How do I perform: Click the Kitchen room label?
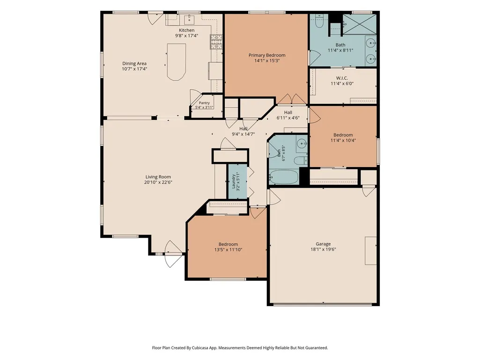coord(186,30)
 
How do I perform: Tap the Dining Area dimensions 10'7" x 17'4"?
coord(134,69)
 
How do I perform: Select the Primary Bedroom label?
coord(267,55)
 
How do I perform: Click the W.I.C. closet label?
coord(342,78)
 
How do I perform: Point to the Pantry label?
coord(204,103)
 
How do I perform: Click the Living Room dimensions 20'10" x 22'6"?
coord(158,182)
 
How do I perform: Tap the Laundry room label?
coord(233,181)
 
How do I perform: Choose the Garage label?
coord(323,244)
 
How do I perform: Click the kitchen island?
coord(177,62)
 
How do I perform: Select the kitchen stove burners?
coord(216,42)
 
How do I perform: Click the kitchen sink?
coord(189,19)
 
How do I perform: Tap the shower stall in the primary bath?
coord(359,24)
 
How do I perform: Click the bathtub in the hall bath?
coord(284,177)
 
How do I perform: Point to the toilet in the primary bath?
coord(319,21)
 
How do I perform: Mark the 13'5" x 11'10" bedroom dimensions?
coord(229,250)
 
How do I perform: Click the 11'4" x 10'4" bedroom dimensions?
coord(343,140)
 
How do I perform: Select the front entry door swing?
coord(173,254)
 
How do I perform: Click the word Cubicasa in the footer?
coord(201,348)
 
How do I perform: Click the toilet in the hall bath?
coord(301,160)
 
